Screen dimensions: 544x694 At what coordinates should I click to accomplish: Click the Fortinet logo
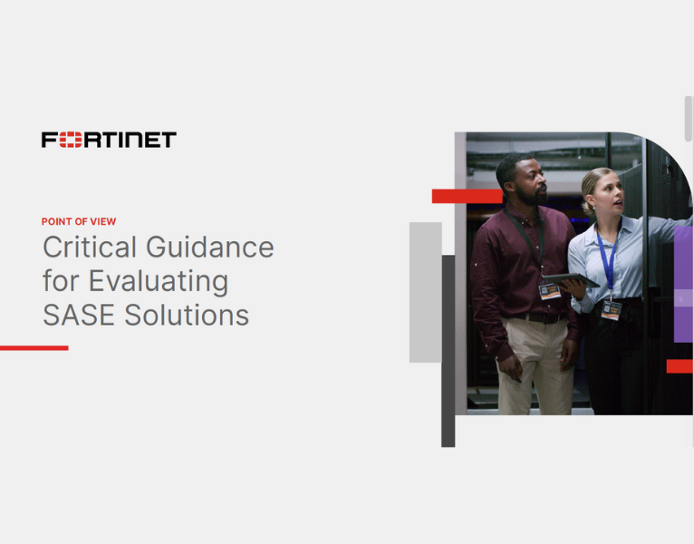pyautogui.click(x=109, y=140)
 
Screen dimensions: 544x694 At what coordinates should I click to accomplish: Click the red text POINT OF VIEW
pyautogui.click(x=79, y=221)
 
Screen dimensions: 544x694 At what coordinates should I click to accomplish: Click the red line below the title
pyautogui.click(x=34, y=347)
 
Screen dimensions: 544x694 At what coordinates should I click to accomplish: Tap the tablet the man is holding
pyautogui.click(x=571, y=281)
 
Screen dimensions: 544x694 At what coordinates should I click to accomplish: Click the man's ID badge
pyautogui.click(x=549, y=291)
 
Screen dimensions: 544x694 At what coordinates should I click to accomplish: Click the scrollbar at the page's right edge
pyautogui.click(x=689, y=118)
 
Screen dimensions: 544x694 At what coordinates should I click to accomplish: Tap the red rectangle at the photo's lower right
pyautogui.click(x=680, y=366)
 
